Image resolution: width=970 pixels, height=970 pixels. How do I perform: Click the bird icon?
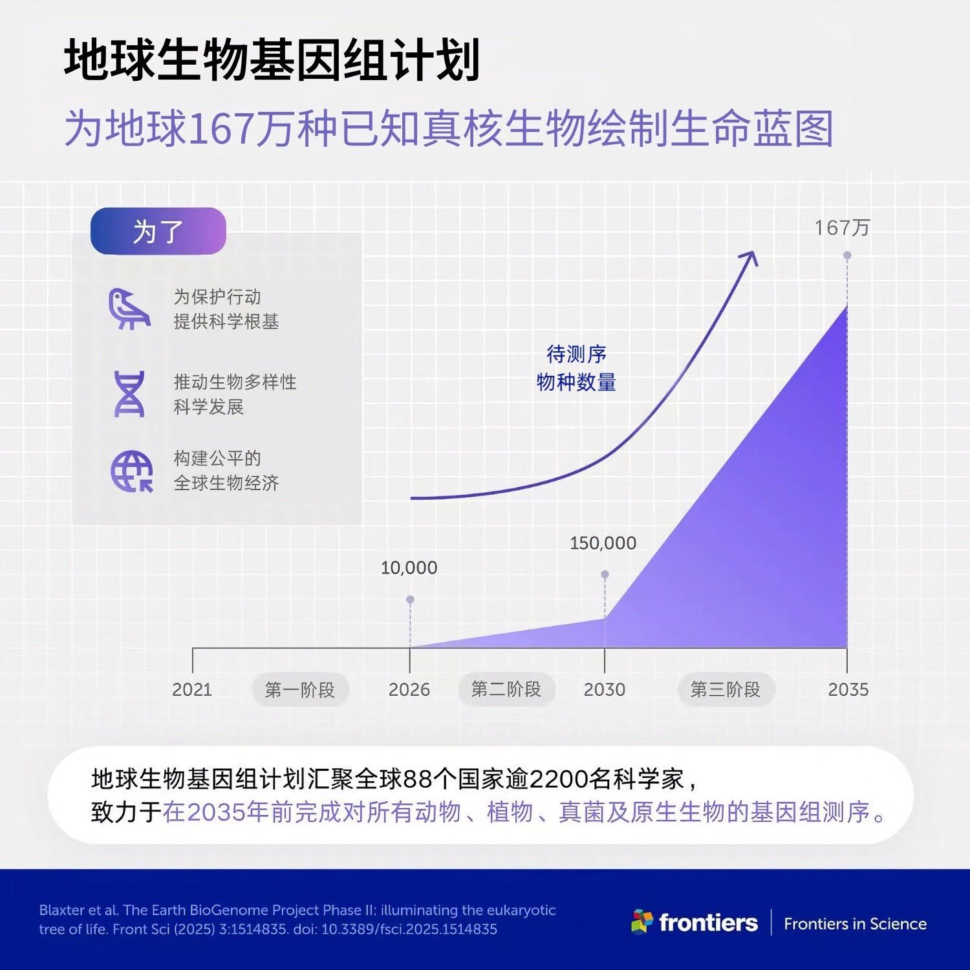coord(129,309)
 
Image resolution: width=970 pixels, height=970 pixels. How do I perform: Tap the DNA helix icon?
coord(129,394)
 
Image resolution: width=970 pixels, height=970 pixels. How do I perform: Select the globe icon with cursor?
coord(132,471)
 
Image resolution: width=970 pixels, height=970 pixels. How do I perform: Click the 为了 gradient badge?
coord(158,231)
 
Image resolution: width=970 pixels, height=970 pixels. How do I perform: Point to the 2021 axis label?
coord(192,689)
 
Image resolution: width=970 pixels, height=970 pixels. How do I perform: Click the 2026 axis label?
coord(409,689)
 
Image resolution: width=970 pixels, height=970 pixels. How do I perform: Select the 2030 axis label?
coord(605,689)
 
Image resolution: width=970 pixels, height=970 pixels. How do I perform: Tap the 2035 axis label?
coord(848,689)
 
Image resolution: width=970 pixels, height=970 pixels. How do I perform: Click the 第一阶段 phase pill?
coord(300,690)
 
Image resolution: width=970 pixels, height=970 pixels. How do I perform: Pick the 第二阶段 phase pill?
coord(506,689)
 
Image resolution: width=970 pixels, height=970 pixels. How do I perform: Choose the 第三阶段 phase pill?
coord(726,689)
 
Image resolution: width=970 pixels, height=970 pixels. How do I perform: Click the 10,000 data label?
coord(409,568)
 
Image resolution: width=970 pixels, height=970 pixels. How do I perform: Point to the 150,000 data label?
coord(603,543)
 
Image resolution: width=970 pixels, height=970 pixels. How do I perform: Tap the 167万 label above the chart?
coord(842,228)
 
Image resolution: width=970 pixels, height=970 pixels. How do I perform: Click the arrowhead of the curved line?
coord(751,257)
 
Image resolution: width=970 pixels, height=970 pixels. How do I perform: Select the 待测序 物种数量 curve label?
coord(576,368)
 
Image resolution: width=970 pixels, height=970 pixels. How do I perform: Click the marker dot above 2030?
coord(605,574)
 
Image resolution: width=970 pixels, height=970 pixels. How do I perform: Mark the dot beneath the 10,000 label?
coord(410,599)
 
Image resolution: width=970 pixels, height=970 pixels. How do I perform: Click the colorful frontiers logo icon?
coord(642,921)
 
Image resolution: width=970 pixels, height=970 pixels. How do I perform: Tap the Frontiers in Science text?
coord(855,923)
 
